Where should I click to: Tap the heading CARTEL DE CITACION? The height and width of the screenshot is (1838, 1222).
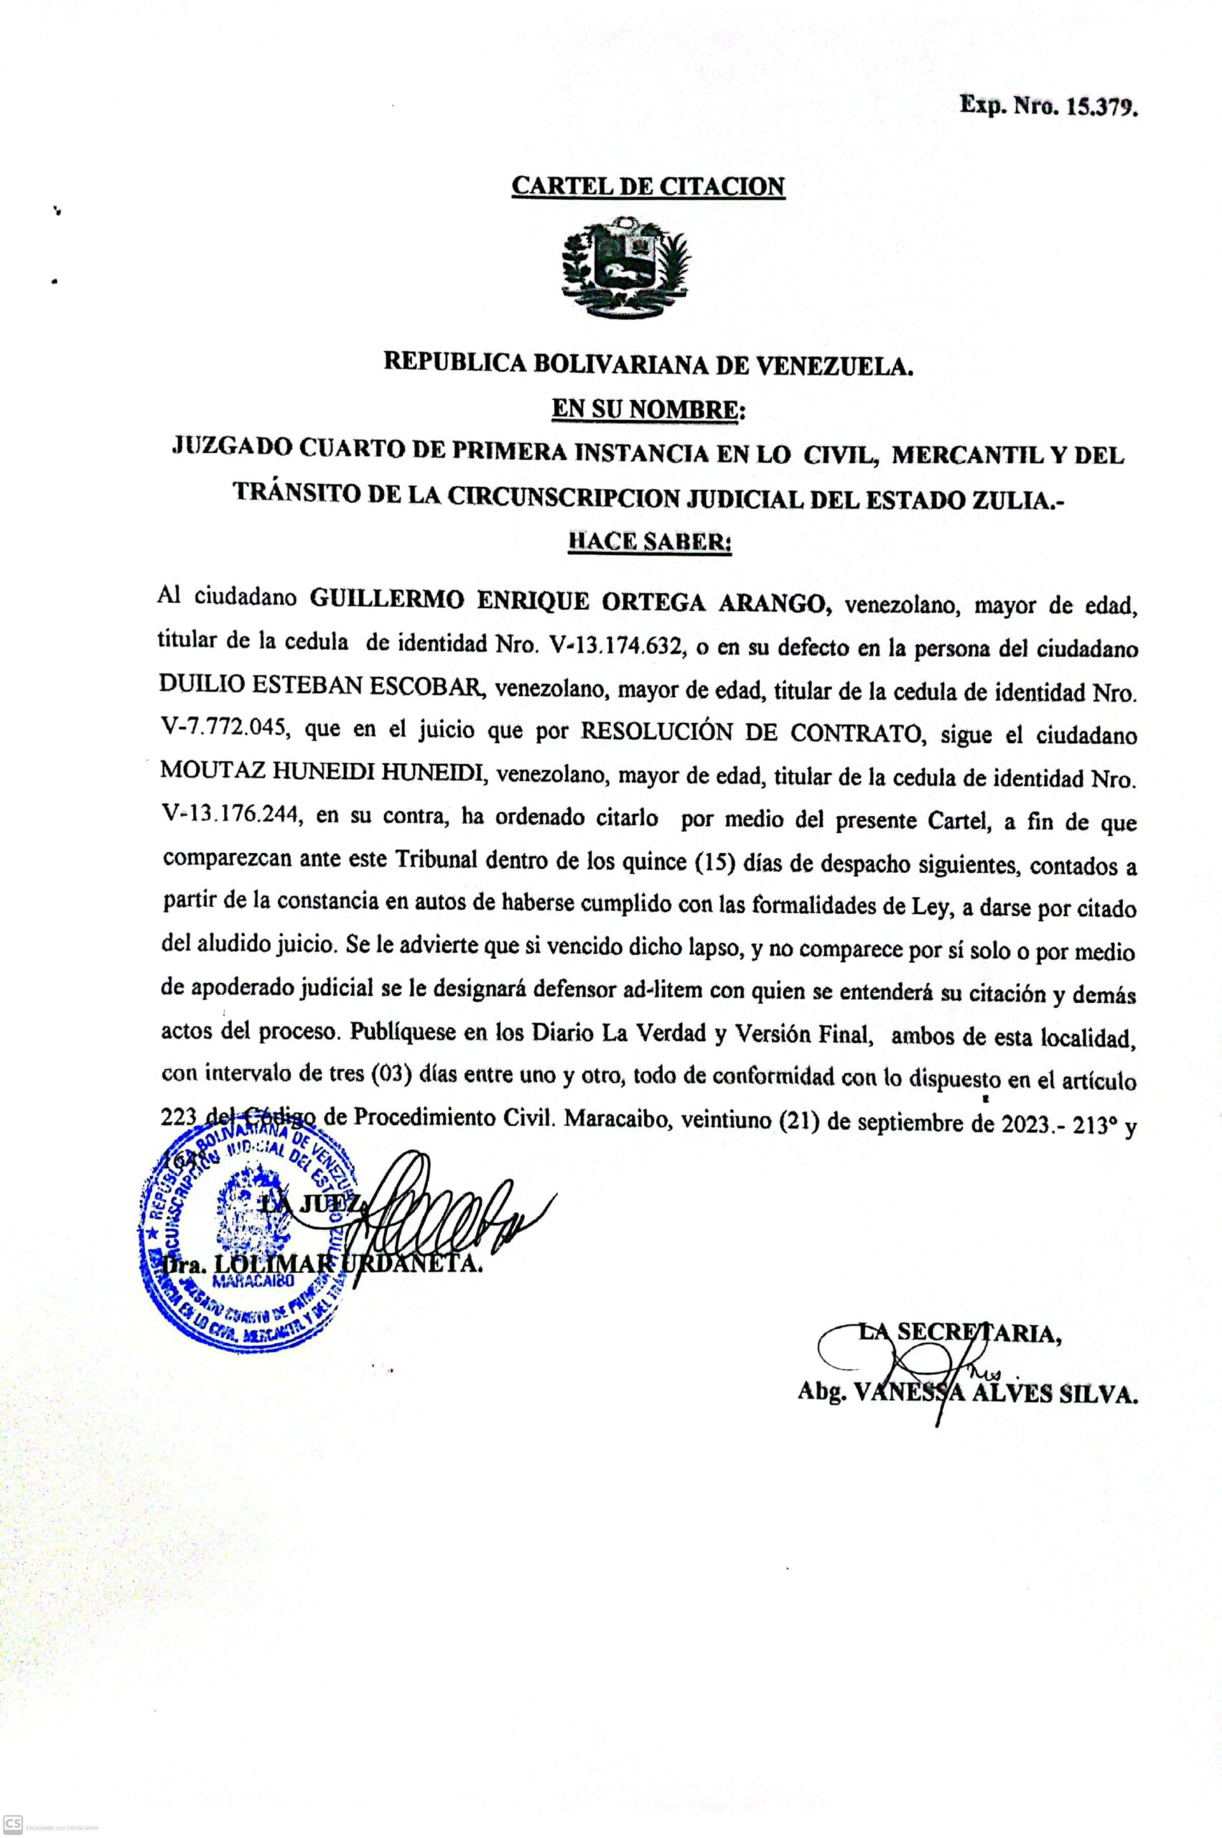648,186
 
